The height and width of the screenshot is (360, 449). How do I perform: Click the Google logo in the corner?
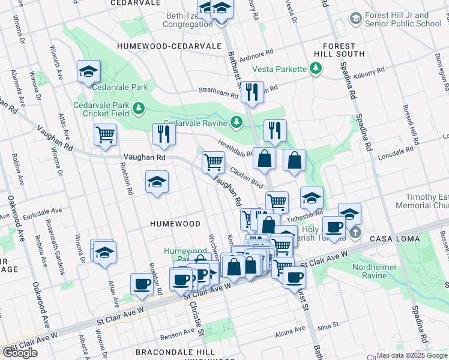tap(20, 353)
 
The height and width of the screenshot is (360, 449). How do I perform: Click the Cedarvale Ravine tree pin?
tap(237, 122)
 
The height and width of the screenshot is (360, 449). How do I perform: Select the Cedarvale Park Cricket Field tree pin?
tap(139, 108)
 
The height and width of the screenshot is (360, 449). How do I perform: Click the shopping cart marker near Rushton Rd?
tap(105, 134)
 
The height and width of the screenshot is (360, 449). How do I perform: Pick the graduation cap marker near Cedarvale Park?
tap(88, 72)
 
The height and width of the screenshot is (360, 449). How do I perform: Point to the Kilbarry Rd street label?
tap(369, 73)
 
